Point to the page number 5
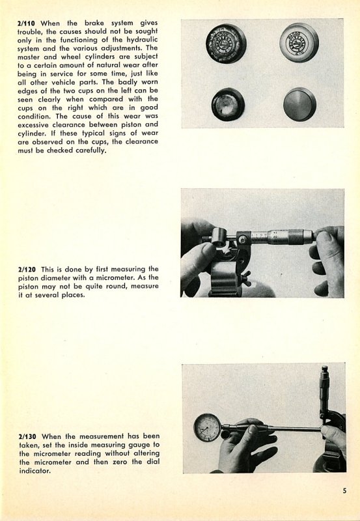click(x=345, y=490)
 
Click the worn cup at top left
click(x=226, y=44)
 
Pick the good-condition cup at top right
click(x=299, y=42)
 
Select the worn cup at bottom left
click(x=228, y=104)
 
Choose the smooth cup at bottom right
click(x=300, y=104)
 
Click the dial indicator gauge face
click(x=207, y=427)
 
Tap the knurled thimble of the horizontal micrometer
click(x=300, y=236)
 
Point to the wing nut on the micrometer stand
click(x=246, y=278)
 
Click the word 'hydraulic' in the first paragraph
click(x=142, y=40)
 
